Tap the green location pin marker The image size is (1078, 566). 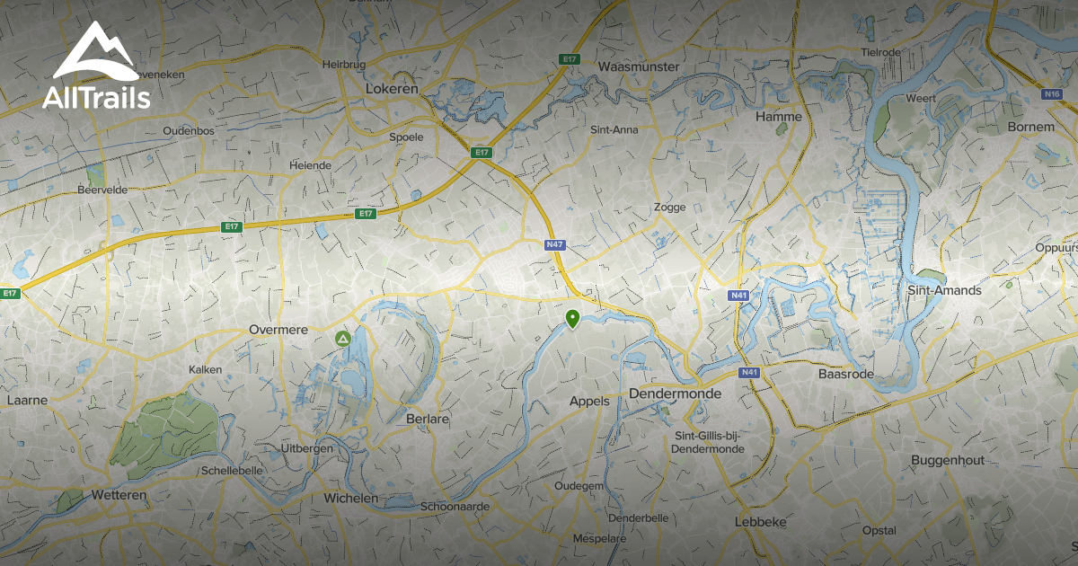[x=571, y=318]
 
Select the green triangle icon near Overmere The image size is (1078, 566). [x=342, y=339]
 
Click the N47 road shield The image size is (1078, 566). [x=554, y=244]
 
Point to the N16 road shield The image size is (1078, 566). [x=1053, y=93]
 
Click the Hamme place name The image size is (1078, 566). [x=779, y=117]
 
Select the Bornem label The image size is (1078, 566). [x=1031, y=127]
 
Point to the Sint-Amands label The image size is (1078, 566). [x=945, y=290]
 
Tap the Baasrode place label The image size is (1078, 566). [x=846, y=373]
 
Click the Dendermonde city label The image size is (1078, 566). [x=670, y=394]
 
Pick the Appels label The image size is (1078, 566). [x=589, y=402]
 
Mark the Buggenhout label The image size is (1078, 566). [x=948, y=460]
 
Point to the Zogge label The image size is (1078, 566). [x=669, y=207]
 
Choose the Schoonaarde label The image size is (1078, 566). [x=455, y=507]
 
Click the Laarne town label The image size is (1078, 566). [x=27, y=399]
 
